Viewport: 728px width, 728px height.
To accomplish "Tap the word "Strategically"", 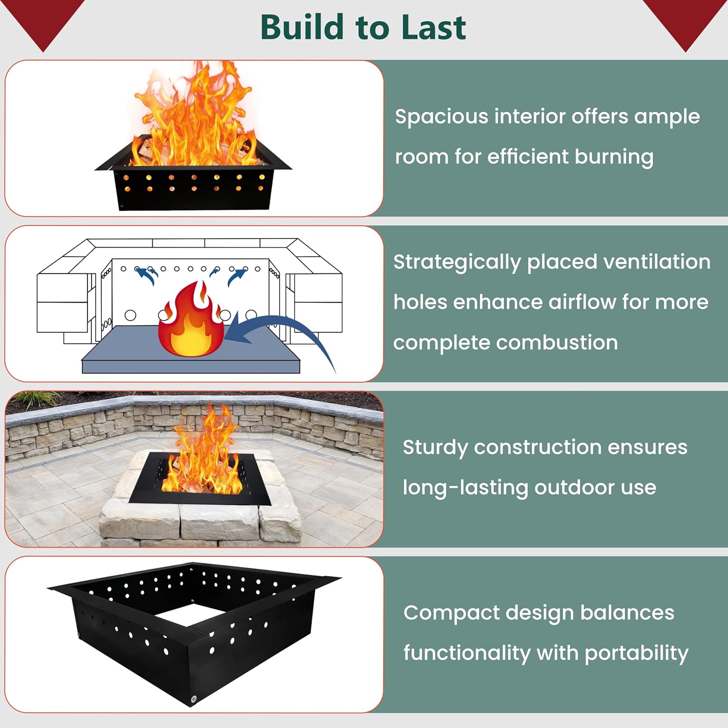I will coord(457,263).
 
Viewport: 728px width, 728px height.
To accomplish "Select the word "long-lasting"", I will coord(465,487).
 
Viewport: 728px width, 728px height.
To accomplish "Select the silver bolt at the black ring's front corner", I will coord(193,699).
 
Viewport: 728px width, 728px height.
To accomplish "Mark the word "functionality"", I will coord(466,653).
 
